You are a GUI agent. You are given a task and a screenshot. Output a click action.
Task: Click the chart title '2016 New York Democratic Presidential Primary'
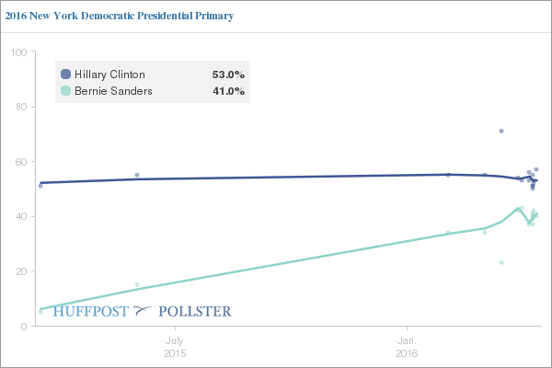pyautogui.click(x=119, y=16)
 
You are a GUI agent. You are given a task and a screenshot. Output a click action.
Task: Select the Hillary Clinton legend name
pyautogui.click(x=109, y=75)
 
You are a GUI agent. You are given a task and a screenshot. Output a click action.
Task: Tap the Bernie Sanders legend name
pyautogui.click(x=113, y=91)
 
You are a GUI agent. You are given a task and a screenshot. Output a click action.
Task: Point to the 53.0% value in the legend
pyautogui.click(x=228, y=75)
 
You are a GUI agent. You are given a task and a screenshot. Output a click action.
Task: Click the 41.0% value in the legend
pyautogui.click(x=228, y=91)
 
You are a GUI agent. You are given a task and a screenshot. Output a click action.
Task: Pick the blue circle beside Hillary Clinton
pyautogui.click(x=65, y=75)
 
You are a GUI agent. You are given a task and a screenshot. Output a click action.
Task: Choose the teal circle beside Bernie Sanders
pyautogui.click(x=65, y=91)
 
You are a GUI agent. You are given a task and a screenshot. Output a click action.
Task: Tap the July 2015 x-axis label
pyautogui.click(x=175, y=345)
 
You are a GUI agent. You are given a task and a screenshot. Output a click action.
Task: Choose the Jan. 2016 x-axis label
pyautogui.click(x=407, y=345)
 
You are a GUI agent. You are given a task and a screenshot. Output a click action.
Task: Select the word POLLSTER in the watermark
pyautogui.click(x=195, y=312)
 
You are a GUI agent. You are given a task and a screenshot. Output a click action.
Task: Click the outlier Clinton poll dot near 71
pyautogui.click(x=501, y=131)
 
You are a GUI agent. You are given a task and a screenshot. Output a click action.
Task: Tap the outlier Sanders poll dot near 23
pyautogui.click(x=501, y=262)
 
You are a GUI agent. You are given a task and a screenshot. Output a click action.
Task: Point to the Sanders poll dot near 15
pyautogui.click(x=137, y=284)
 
